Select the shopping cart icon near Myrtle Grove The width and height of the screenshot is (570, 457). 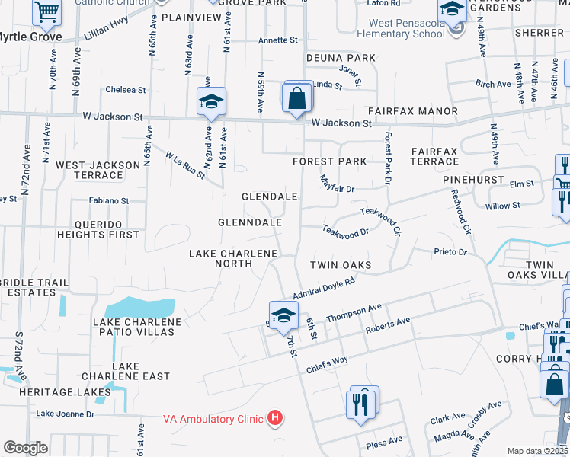47,12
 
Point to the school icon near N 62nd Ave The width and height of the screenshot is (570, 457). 211,101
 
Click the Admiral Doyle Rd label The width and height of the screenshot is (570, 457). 324,287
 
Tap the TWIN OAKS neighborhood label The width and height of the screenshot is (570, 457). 341,265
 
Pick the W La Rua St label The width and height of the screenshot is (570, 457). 186,165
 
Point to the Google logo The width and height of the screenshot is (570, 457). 25,448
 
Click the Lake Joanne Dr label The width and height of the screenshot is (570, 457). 65,414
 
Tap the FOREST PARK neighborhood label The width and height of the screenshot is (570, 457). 329,161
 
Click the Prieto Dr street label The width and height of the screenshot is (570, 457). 449,251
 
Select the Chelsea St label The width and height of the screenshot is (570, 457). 126,90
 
